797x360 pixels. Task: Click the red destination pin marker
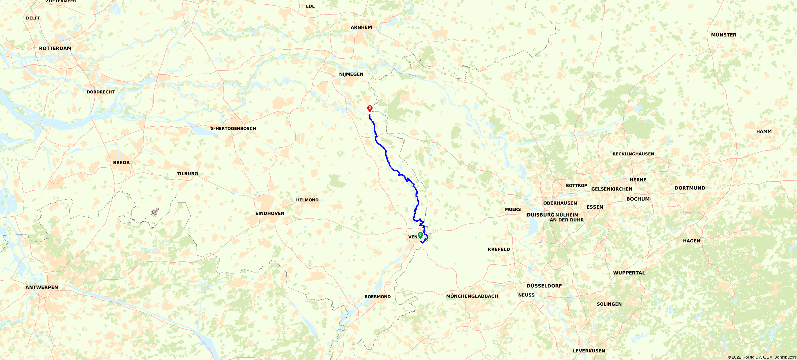[370, 108]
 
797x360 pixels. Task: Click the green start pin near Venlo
[420, 235]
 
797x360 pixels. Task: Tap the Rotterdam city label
[55, 48]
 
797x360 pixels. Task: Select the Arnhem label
[361, 27]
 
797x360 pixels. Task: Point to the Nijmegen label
[351, 74]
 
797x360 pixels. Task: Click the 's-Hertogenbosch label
[233, 128]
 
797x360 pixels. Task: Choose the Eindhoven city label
[270, 213]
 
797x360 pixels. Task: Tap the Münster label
[723, 35]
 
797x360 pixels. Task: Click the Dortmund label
[690, 188]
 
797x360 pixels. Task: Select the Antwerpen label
[42, 287]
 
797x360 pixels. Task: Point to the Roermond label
[377, 297]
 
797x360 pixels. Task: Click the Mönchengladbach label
[472, 296]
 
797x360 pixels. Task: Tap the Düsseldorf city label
[544, 286]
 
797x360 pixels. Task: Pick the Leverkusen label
[589, 351]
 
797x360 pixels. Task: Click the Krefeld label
[499, 249]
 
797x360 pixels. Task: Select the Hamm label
[764, 131]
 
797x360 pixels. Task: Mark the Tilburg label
[187, 174]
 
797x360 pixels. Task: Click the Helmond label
[307, 200]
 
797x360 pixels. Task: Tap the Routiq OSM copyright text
[762, 357]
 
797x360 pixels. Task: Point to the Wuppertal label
[629, 273]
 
